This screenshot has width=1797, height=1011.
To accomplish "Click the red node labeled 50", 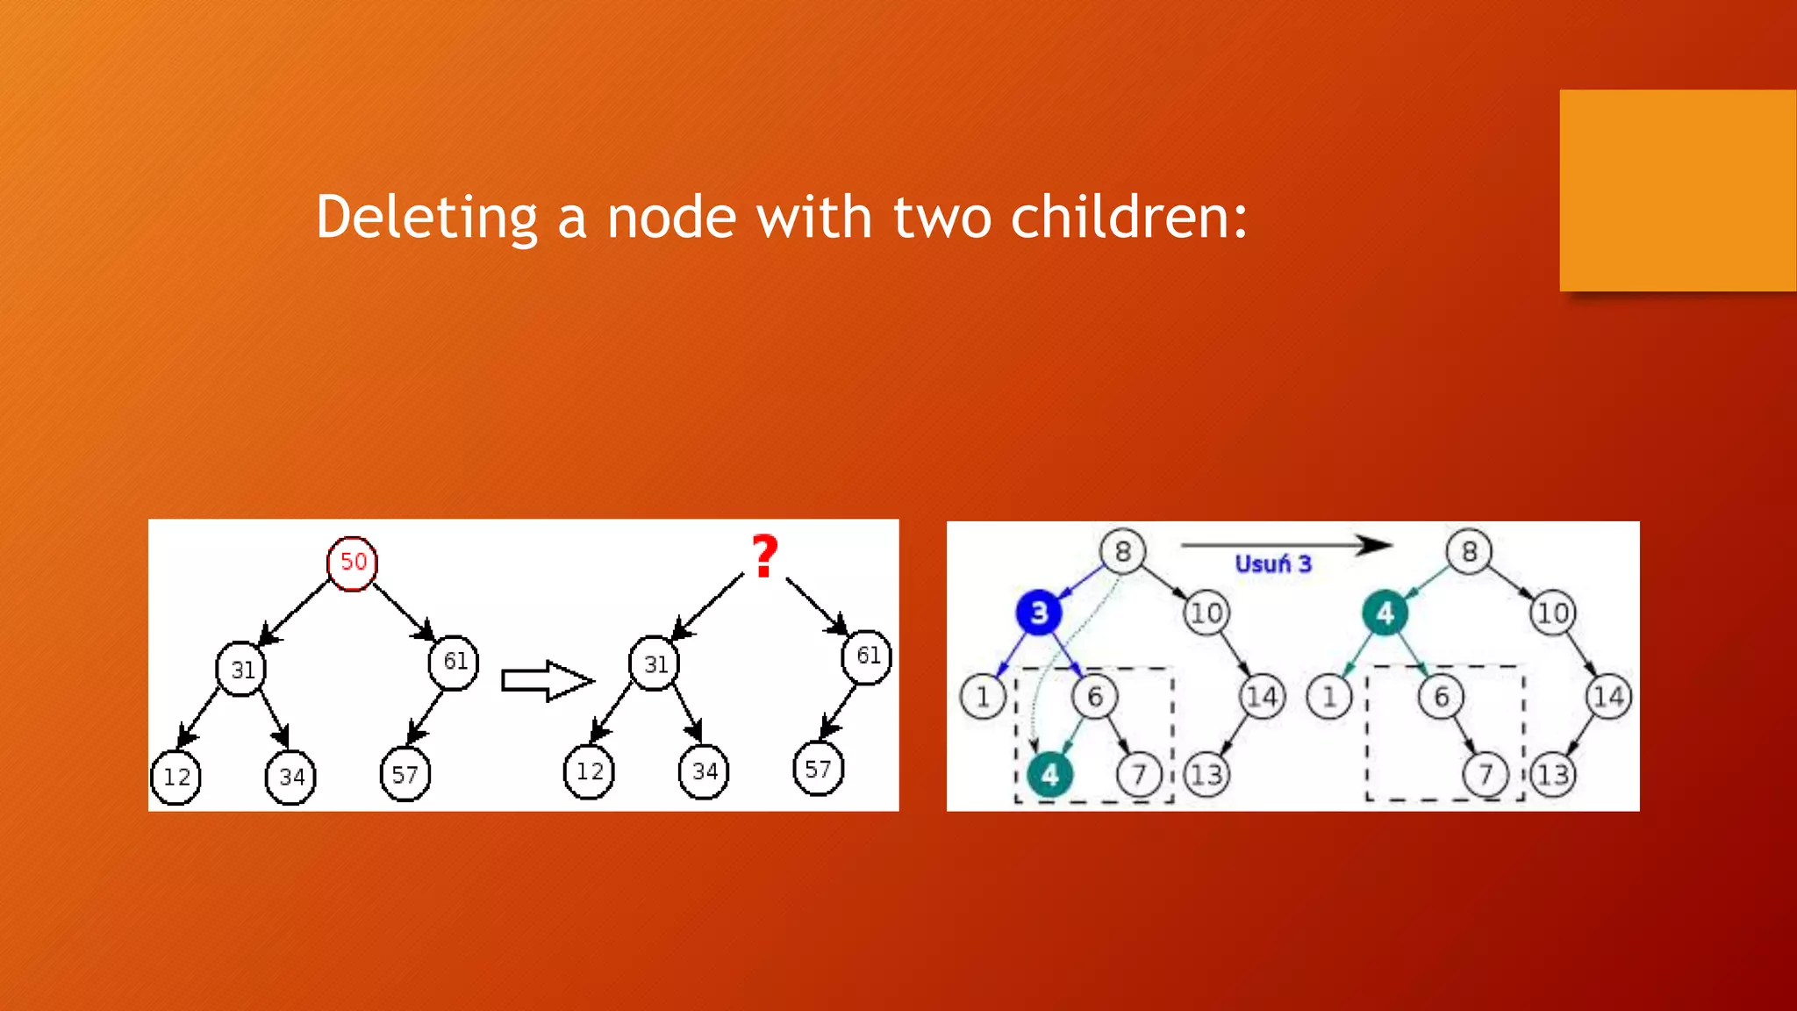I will [x=352, y=563].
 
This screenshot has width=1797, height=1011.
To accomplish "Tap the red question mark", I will [x=764, y=556].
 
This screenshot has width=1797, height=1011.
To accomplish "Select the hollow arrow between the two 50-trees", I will [x=548, y=680].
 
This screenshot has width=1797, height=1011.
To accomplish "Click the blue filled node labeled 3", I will [x=1039, y=612].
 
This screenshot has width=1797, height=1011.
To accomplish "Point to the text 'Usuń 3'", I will [x=1272, y=564].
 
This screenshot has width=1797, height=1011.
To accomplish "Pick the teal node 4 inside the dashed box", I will [x=1049, y=774].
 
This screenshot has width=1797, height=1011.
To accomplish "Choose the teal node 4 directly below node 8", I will [x=1385, y=612].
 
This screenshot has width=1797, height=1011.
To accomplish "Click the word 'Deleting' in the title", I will [x=426, y=217].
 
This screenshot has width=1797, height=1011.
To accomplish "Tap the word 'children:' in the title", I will [x=1128, y=217].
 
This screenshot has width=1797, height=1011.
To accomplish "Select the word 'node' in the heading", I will [x=671, y=217].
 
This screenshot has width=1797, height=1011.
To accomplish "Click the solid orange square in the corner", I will [x=1678, y=190].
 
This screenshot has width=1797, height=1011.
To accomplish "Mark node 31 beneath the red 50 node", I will [x=241, y=670].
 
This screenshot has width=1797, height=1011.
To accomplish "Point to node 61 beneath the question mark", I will [x=867, y=656].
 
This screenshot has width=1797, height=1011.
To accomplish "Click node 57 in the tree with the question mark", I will [x=818, y=769].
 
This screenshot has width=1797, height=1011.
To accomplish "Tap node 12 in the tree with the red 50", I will [x=176, y=777].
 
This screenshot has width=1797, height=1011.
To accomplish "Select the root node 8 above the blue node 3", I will [x=1122, y=551].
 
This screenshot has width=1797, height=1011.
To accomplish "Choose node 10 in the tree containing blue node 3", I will [x=1206, y=612].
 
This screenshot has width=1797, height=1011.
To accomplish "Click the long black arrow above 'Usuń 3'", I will [x=1285, y=545].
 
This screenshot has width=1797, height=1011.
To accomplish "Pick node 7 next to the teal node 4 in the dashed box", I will [x=1139, y=774].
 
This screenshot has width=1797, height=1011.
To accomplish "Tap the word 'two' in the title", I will [x=939, y=217].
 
